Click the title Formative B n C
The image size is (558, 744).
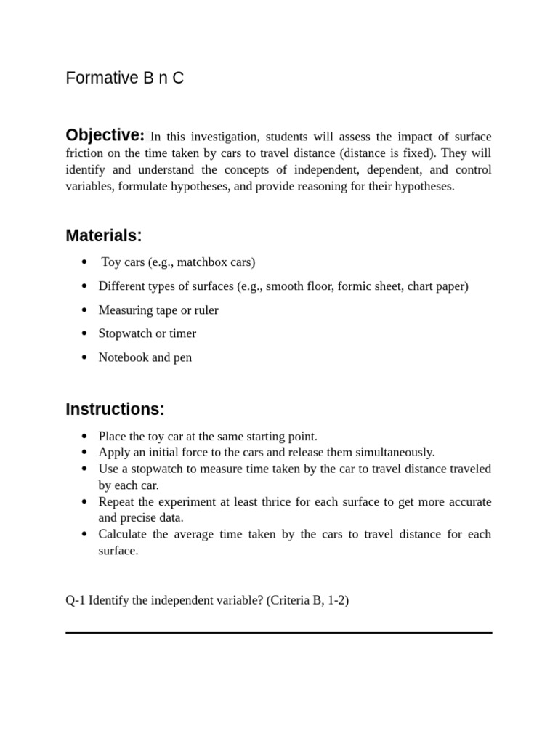pos(124,78)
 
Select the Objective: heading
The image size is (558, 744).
pos(105,135)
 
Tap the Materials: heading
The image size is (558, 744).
pos(103,235)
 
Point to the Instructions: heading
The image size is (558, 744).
pos(115,409)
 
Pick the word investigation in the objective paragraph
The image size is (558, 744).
pos(221,137)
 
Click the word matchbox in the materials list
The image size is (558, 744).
pos(198,262)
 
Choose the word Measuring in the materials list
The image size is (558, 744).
pos(126,310)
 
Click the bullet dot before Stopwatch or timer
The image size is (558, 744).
pos(84,334)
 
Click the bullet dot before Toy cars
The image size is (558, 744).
pos(84,262)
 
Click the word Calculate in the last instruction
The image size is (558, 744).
pos(123,534)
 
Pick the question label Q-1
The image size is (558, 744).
pos(76,602)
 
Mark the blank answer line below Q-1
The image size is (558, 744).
pos(278,633)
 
